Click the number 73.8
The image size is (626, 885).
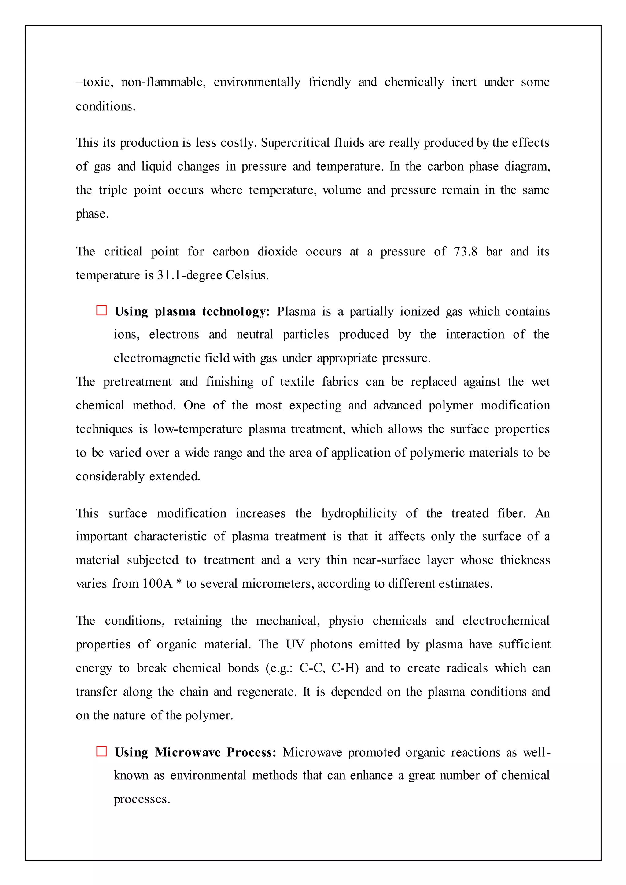point(465,252)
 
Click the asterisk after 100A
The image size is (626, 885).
point(179,583)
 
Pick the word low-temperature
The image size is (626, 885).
point(198,429)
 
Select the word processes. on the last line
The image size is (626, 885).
point(142,799)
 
